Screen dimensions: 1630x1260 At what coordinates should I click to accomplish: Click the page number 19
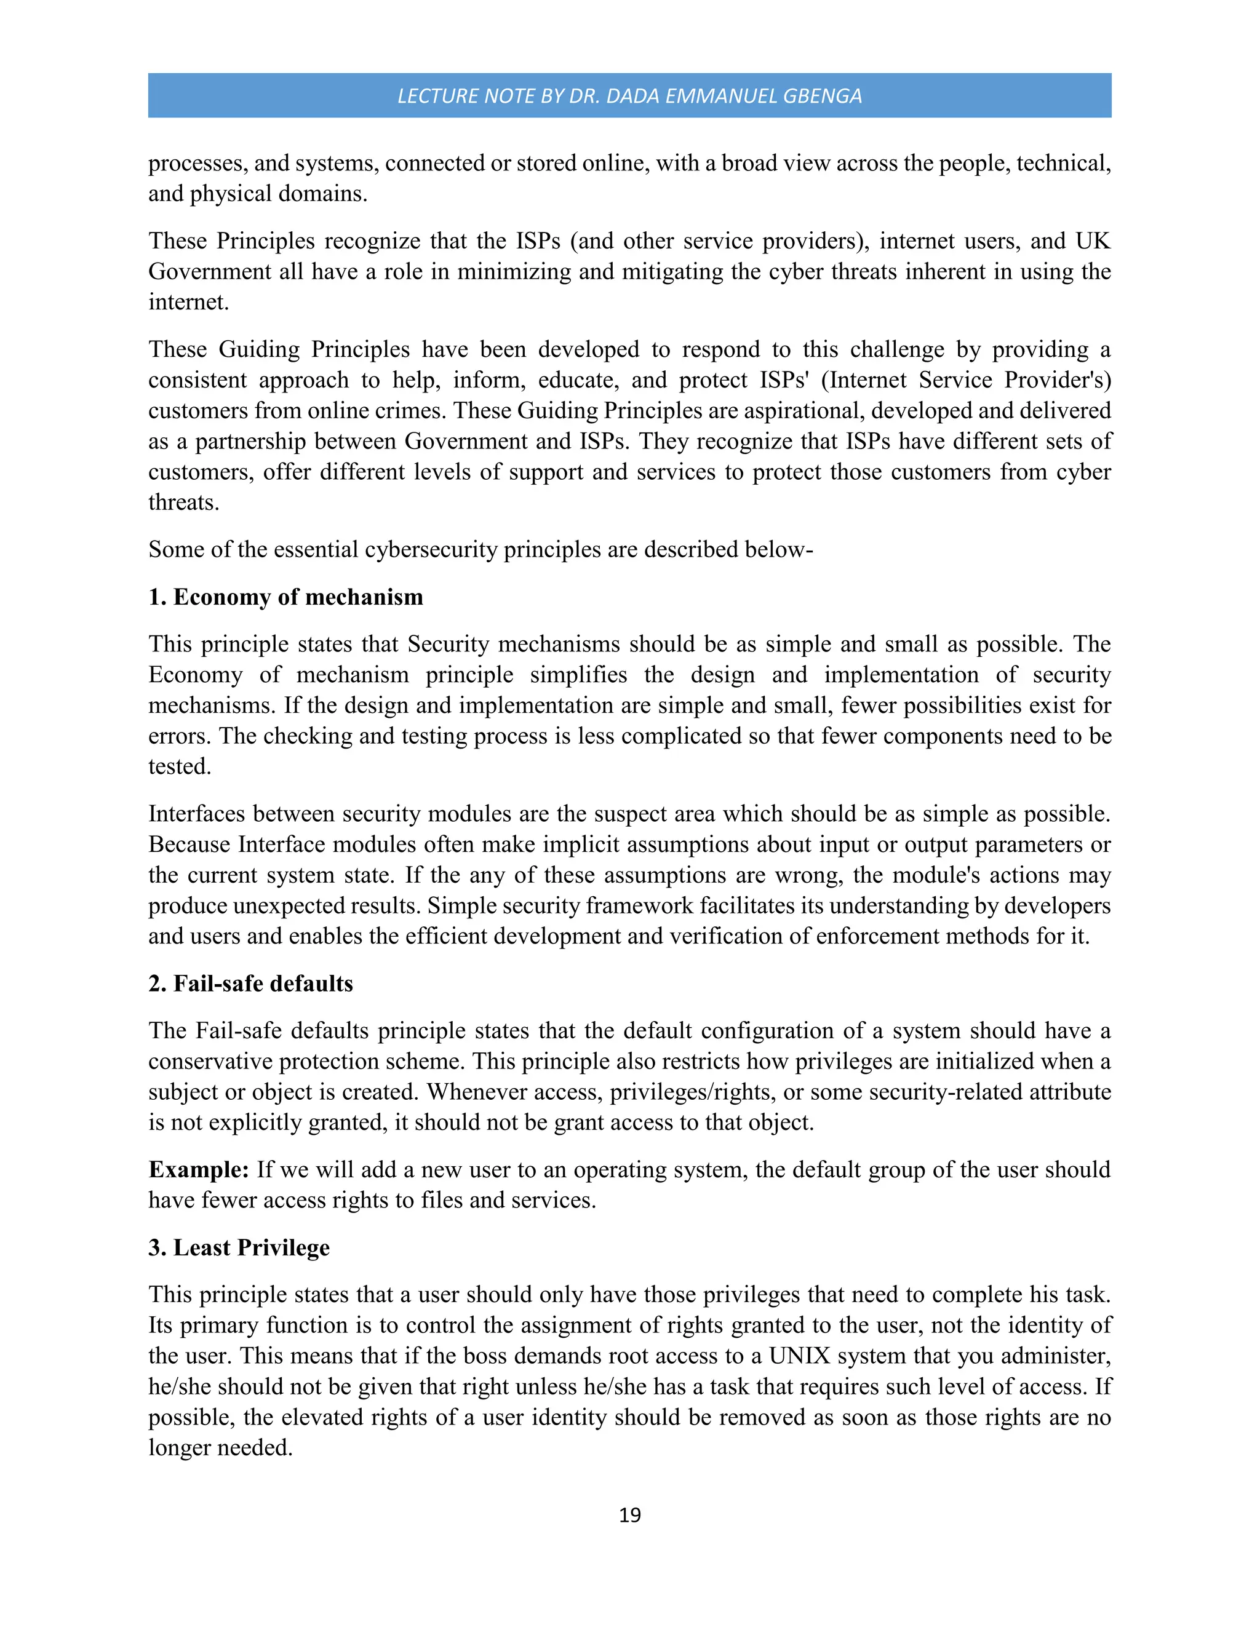(629, 1514)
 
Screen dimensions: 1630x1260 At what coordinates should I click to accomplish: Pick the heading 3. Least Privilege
(239, 1247)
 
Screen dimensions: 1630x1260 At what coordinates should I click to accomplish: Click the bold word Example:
(198, 1169)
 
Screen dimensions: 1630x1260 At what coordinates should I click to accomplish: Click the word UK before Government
(1093, 241)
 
